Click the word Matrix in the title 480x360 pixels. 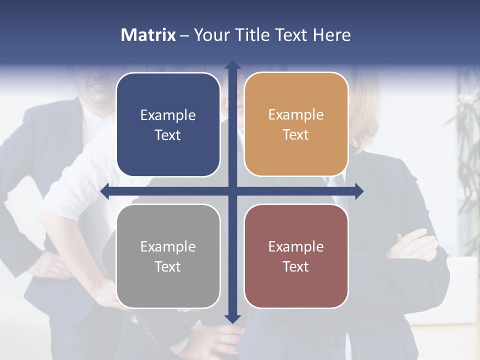pyautogui.click(x=148, y=35)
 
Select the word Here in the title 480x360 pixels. pyautogui.click(x=331, y=35)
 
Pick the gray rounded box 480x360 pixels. pyautogui.click(x=168, y=290)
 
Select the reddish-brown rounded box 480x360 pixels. pyautogui.click(x=296, y=290)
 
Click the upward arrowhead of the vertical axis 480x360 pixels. pyautogui.click(x=232, y=65)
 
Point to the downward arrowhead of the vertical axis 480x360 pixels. pyautogui.click(x=232, y=318)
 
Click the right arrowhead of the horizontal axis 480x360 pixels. pyautogui.click(x=359, y=191)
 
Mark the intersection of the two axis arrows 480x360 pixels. pyautogui.click(x=232, y=191)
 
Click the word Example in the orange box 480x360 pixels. pyautogui.click(x=296, y=115)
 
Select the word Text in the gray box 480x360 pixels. pyautogui.click(x=168, y=266)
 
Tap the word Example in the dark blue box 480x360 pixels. pyautogui.click(x=168, y=115)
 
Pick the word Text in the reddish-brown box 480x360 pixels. pyautogui.click(x=296, y=266)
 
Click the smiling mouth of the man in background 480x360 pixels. pyautogui.click(x=99, y=85)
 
